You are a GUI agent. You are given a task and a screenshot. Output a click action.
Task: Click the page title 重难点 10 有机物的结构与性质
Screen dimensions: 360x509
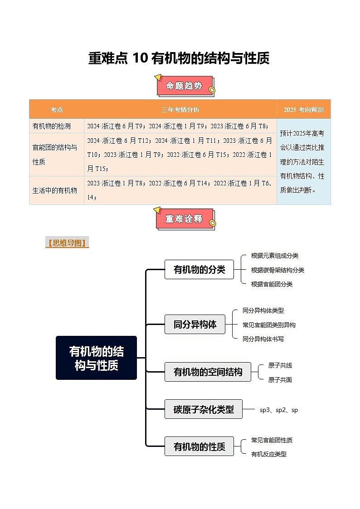click(179, 58)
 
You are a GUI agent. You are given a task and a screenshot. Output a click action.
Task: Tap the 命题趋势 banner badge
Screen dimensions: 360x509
click(184, 86)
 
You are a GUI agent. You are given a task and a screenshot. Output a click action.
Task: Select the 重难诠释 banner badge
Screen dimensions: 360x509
click(184, 218)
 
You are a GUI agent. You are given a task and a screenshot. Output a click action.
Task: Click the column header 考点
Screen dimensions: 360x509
click(57, 110)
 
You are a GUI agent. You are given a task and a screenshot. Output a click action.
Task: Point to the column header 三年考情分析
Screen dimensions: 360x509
click(180, 110)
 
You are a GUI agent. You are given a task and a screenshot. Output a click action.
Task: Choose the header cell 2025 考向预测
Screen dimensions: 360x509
click(303, 110)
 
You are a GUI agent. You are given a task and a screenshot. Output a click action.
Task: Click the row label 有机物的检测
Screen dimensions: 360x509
click(51, 126)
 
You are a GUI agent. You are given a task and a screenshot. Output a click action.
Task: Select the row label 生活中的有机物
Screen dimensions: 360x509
click(54, 190)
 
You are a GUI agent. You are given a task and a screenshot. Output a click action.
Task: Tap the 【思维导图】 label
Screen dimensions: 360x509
click(67, 243)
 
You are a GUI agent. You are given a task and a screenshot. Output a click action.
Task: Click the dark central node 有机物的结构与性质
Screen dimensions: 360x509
click(96, 358)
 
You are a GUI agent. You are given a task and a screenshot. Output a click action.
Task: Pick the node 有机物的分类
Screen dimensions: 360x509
click(199, 269)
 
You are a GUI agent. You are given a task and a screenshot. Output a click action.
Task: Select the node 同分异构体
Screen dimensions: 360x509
click(195, 324)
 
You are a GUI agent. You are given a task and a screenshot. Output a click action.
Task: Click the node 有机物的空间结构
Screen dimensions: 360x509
click(208, 372)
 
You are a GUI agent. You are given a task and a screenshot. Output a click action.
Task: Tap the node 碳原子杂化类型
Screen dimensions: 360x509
click(204, 409)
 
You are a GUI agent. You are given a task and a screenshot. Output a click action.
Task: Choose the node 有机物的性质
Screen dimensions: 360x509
click(199, 446)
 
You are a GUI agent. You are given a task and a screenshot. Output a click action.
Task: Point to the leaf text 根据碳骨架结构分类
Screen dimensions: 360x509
click(277, 270)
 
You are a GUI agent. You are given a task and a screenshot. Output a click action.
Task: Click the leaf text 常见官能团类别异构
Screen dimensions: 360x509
click(269, 325)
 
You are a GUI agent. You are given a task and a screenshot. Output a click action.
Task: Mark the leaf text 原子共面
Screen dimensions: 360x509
click(280, 380)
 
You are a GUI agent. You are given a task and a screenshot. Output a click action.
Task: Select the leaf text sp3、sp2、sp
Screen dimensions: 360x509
click(278, 410)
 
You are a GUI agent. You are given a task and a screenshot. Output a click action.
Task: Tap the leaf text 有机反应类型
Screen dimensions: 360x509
click(269, 454)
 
